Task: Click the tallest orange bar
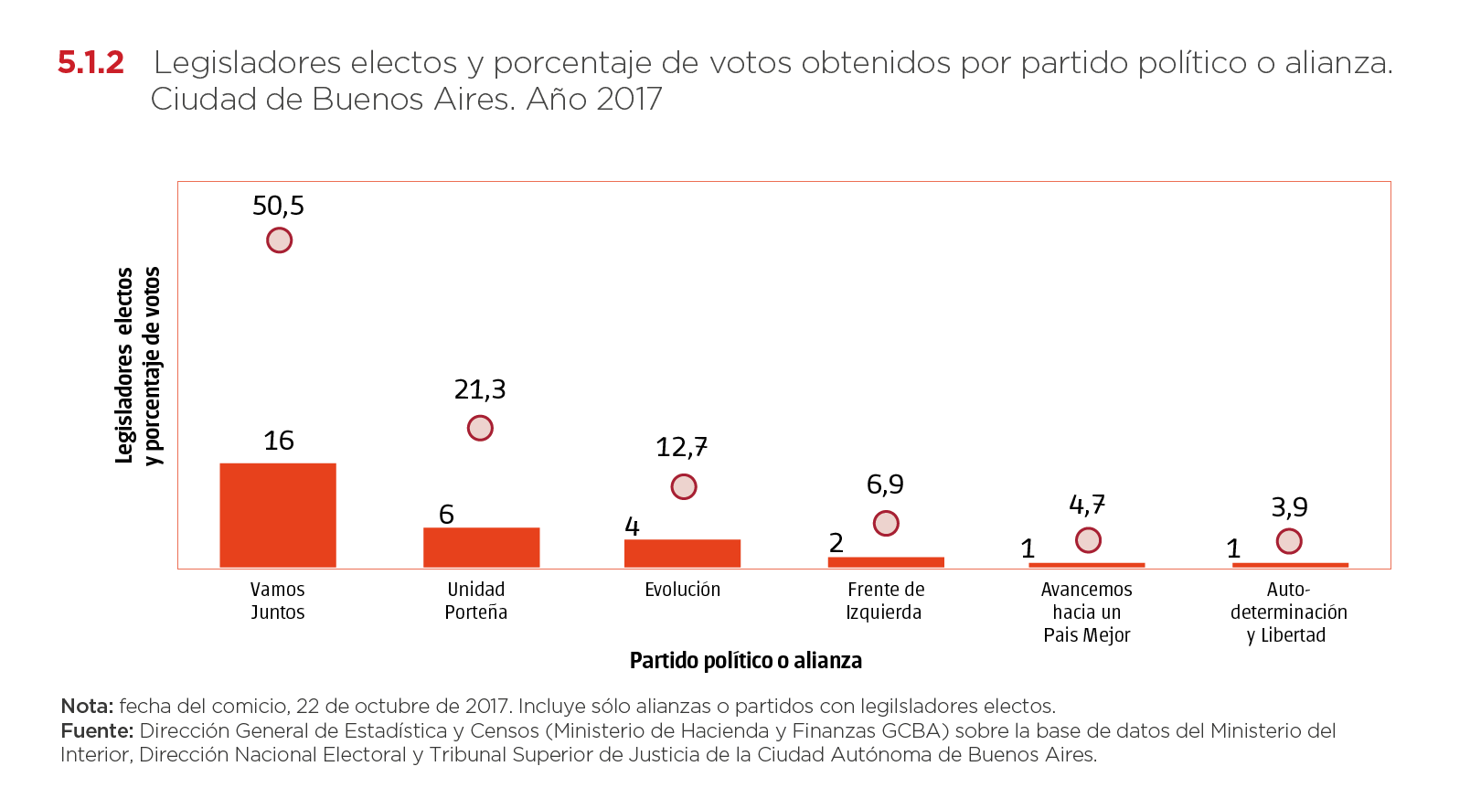278,515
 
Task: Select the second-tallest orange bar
482,547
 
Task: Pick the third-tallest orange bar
683,553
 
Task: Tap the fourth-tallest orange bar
886,562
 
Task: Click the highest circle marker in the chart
279,240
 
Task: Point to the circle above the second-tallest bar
480,428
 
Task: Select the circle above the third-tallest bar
684,487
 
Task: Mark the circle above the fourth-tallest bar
886,523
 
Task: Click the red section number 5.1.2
91,63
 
